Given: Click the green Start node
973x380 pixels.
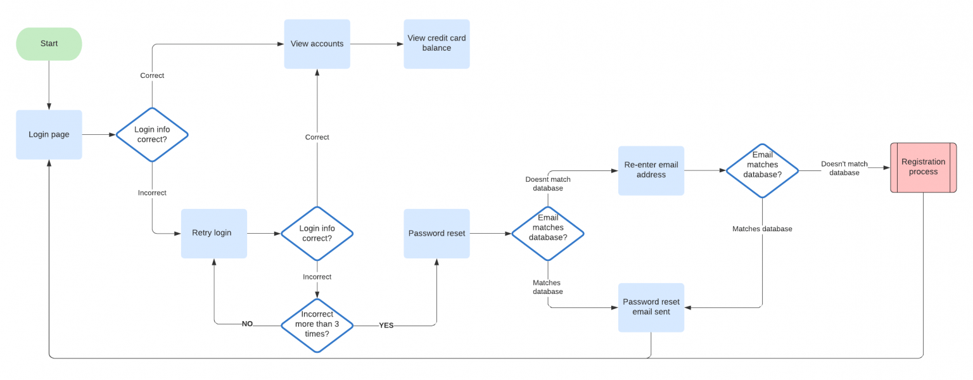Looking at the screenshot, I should click(x=49, y=44).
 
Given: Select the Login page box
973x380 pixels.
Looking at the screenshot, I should click(x=49, y=134).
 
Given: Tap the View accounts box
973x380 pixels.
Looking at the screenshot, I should click(x=317, y=44).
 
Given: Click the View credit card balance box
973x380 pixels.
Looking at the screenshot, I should click(x=436, y=44).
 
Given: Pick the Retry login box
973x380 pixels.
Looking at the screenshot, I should click(x=213, y=233).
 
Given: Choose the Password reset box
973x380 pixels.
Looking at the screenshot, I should click(x=436, y=233).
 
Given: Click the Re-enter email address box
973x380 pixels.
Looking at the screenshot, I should click(x=651, y=170).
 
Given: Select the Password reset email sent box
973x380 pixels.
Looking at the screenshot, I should click(x=651, y=307).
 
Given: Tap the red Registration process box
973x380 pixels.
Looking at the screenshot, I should click(x=923, y=167).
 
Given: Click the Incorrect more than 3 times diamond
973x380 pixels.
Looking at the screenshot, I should click(x=317, y=324).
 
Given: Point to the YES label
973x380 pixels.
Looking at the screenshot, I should click(x=386, y=325).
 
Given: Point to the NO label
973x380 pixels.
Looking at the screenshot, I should click(x=247, y=324).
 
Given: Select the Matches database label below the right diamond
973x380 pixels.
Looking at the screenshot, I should click(x=762, y=229).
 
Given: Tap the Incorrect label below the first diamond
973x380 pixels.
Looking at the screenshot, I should click(x=152, y=193).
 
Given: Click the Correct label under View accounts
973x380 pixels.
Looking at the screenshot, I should click(x=317, y=137).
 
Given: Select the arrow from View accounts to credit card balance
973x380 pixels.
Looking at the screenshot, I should click(x=377, y=44).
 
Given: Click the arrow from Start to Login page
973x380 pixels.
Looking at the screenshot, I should click(x=49, y=85).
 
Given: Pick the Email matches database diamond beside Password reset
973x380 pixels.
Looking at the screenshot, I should click(x=547, y=233).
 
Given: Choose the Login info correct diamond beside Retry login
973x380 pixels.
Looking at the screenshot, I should click(x=317, y=233).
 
